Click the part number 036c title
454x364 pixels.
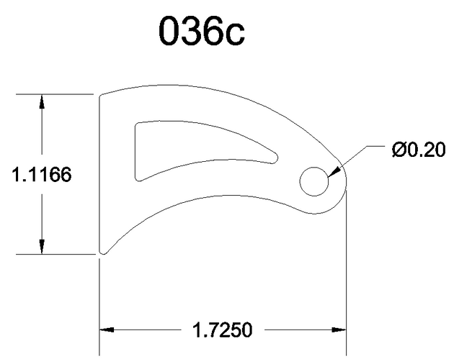202,31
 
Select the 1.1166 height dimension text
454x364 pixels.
41,175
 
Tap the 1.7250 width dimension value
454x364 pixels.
223,330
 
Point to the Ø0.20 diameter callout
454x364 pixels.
419,150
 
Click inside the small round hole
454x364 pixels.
314,181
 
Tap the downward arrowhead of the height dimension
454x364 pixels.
42,247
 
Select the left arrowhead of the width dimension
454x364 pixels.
107,329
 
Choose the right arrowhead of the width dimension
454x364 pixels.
339,329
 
